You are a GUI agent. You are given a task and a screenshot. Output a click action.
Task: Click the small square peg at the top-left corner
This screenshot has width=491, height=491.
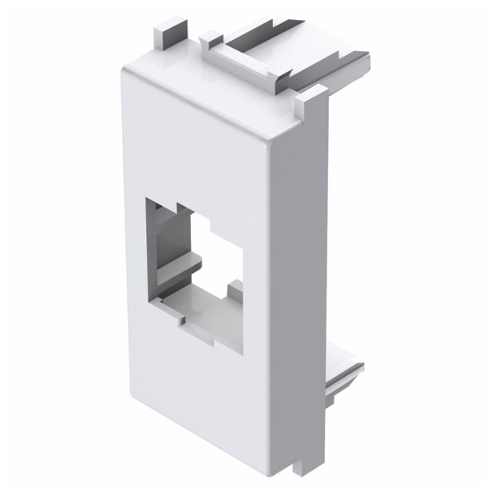click(x=163, y=32)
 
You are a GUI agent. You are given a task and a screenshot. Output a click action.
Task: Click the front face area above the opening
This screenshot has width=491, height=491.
click(x=200, y=152)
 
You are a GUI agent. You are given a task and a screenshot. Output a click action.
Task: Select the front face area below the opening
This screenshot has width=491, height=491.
click(x=216, y=399)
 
